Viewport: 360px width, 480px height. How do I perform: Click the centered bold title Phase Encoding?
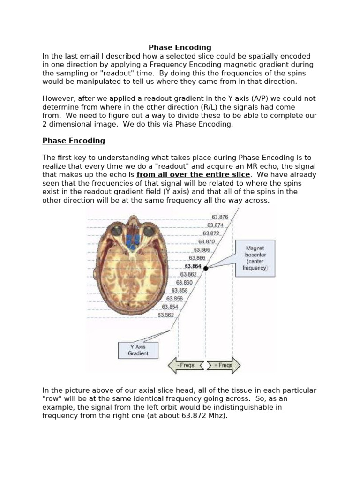[180, 47]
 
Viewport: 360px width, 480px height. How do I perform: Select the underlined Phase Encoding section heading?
[74, 141]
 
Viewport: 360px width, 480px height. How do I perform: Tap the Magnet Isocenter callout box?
[255, 258]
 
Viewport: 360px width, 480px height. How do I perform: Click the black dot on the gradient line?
[206, 268]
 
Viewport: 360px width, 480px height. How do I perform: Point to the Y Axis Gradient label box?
[138, 350]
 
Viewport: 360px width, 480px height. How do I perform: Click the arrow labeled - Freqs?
[186, 365]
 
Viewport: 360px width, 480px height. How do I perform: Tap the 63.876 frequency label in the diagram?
[220, 217]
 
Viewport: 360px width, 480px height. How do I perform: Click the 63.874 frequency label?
[215, 225]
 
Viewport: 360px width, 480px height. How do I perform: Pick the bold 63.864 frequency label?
[193, 266]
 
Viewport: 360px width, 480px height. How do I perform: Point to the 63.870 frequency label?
[206, 242]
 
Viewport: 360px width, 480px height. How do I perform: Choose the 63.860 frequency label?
[184, 283]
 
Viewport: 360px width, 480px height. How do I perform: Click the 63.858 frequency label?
[180, 291]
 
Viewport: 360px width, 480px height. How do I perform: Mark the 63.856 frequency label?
[175, 299]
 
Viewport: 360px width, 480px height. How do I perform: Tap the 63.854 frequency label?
[170, 307]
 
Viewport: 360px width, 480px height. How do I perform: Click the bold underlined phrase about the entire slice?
[193, 175]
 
